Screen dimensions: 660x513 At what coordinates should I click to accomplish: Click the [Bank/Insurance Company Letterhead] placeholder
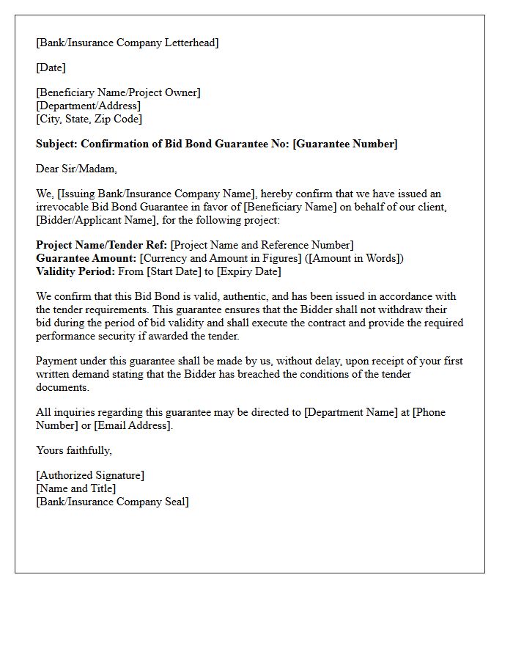127,43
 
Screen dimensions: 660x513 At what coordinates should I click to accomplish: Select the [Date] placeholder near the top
51,67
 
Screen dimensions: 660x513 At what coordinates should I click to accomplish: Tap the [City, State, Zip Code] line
89,119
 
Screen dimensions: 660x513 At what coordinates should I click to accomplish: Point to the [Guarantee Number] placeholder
344,144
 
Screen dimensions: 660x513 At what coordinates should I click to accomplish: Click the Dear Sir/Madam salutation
76,169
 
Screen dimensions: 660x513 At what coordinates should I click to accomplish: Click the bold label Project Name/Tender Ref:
101,245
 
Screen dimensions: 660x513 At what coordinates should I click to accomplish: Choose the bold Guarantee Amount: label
86,258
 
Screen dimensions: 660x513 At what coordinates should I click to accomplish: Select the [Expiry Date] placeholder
248,271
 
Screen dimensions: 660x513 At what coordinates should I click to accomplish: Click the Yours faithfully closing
73,450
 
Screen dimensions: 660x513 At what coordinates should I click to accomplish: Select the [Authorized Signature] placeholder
90,475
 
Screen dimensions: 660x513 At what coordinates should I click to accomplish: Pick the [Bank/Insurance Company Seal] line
112,502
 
